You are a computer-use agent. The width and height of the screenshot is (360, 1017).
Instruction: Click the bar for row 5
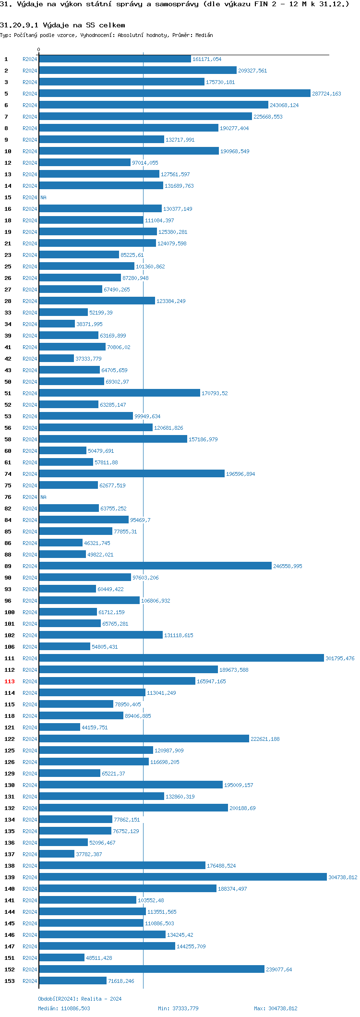coord(175,94)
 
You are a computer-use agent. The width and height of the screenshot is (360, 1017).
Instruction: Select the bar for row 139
coord(183,877)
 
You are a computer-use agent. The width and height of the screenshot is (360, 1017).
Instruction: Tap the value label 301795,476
coord(340,658)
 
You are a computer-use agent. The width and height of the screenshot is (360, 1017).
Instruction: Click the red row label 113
coord(10,681)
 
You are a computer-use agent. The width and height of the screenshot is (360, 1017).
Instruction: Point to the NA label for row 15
coord(43,197)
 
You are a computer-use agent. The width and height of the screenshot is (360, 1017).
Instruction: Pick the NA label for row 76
coord(43,497)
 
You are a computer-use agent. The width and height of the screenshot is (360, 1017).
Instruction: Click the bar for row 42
coord(56,359)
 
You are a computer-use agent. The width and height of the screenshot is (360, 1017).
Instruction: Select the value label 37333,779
coord(88,359)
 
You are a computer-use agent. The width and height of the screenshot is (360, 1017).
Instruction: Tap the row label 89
coord(8,566)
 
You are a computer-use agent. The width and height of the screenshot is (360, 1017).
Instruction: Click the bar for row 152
coord(152,969)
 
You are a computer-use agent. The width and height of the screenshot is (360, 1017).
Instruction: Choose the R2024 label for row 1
coord(30,59)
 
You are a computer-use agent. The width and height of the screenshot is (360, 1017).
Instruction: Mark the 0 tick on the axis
coord(39,50)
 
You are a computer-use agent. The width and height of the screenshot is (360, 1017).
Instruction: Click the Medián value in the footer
coord(64,1008)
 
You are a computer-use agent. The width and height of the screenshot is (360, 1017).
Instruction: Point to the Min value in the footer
coord(178,1008)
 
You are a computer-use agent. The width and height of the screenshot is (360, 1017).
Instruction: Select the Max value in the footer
coord(276,1008)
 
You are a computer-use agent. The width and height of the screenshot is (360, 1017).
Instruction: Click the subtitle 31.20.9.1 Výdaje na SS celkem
coord(62,25)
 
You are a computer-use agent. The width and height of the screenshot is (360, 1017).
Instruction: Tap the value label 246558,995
coord(288,566)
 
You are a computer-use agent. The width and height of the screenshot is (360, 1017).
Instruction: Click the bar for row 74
coord(132,474)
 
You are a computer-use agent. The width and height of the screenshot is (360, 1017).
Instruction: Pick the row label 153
coord(10,981)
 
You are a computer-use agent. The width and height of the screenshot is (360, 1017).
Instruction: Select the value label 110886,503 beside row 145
coord(159,923)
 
